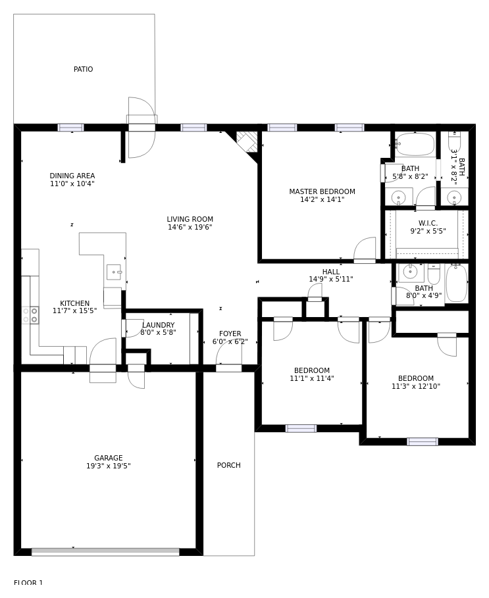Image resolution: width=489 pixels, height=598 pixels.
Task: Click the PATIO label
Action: [83, 69]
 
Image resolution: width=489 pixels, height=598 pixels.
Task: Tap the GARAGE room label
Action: [109, 458]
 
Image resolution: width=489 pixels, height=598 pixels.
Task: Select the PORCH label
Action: [229, 465]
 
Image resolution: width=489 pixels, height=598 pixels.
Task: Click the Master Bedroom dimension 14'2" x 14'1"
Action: [322, 199]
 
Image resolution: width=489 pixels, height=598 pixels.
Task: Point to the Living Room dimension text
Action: [190, 227]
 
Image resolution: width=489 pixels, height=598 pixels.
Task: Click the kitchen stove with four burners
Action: [30, 315]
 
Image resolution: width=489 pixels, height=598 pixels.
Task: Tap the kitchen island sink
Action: [114, 272]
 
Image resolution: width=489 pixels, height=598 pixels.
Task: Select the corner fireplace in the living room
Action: [247, 142]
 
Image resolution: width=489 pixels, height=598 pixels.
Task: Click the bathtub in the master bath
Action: [415, 145]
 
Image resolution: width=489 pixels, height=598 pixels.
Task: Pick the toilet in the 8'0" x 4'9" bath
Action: [434, 273]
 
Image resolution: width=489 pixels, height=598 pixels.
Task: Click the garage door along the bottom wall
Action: [105, 552]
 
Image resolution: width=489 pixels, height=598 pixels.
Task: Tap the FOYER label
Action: [230, 334]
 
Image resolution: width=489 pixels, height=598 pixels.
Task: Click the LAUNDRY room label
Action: [159, 325]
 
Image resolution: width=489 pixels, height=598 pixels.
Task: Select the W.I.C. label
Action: [428, 223]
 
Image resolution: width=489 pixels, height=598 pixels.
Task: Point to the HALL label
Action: [330, 272]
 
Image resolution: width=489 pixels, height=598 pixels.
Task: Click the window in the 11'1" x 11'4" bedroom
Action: [301, 429]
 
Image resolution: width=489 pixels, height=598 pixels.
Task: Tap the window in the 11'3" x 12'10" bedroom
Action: [423, 441]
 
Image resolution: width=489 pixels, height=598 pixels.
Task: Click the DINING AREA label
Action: [72, 176]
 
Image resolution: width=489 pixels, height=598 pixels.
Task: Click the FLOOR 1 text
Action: [28, 582]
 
